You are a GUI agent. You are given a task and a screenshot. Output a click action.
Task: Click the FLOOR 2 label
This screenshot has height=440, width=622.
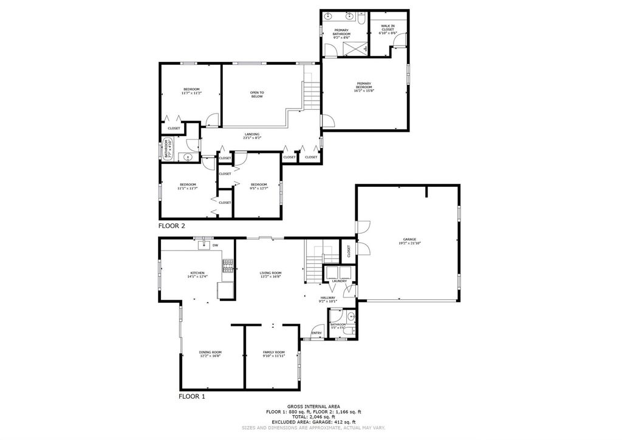click(171, 226)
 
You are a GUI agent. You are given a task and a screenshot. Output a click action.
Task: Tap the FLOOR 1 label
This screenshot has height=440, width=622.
click(191, 396)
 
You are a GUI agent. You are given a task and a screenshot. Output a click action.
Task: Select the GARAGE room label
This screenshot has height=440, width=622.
click(409, 240)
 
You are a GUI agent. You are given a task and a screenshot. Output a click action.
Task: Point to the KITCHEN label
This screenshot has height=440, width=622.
click(197, 273)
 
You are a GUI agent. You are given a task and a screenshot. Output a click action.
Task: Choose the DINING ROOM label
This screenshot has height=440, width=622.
click(210, 352)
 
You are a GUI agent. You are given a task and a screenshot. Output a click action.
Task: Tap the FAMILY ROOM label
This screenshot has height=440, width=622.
click(273, 352)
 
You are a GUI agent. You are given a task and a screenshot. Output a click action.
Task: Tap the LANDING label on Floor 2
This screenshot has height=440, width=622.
click(252, 134)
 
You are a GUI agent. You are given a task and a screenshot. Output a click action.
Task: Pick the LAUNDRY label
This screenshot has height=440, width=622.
click(339, 281)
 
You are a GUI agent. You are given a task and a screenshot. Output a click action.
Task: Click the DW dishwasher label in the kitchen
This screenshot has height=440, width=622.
click(215, 245)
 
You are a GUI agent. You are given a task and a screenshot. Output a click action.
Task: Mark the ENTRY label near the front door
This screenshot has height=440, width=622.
click(316, 333)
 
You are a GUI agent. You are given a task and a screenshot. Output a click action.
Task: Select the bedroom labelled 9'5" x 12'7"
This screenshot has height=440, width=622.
click(259, 184)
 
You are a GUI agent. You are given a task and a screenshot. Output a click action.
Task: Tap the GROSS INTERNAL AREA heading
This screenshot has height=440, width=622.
click(313, 406)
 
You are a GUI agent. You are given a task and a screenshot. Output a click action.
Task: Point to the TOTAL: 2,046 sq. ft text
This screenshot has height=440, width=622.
click(313, 417)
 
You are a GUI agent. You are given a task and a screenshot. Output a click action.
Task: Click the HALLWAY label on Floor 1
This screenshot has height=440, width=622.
click(327, 298)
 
